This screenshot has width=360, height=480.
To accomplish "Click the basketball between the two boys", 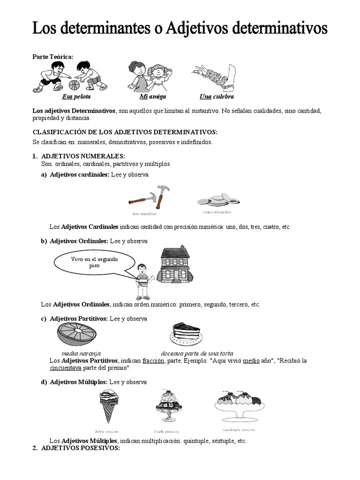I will pos(74,85).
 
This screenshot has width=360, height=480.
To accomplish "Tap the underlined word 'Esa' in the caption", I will pos(67,97).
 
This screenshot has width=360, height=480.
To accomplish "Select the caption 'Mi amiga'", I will pos(153,97).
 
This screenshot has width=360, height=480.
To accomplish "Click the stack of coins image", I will pos(217,200).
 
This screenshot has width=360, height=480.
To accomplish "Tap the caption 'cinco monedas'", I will pos(217,212).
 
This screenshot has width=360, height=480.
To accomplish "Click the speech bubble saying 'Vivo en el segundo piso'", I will pos(94,263).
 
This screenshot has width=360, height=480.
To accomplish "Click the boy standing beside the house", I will pos(142,281).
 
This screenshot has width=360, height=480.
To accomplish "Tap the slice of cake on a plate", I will pos(187,334).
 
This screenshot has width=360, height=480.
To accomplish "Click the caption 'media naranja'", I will pos(81,353).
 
